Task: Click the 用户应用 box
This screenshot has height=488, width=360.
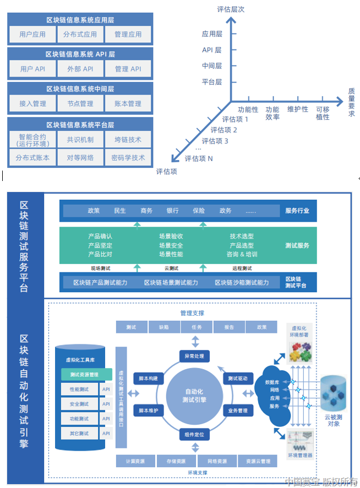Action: [32, 34]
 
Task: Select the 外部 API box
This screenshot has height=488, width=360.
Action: [80, 69]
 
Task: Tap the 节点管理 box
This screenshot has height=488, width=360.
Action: [80, 103]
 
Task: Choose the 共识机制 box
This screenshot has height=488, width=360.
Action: [80, 140]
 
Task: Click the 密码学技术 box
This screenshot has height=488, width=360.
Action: [128, 157]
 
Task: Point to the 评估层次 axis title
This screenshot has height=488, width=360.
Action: [231, 9]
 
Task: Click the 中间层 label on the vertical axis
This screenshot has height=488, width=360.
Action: [212, 66]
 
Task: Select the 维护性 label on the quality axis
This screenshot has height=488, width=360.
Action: [298, 109]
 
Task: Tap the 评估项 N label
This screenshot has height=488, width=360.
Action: [199, 158]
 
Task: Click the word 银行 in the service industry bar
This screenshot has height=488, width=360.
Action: [172, 211]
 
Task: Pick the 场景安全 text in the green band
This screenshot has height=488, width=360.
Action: [171, 245]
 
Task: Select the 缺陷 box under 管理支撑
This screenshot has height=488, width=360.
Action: [164, 327]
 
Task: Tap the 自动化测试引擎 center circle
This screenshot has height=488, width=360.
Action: [194, 396]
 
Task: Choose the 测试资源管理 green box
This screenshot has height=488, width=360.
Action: [87, 375]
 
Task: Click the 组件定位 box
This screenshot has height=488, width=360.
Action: [194, 435]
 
